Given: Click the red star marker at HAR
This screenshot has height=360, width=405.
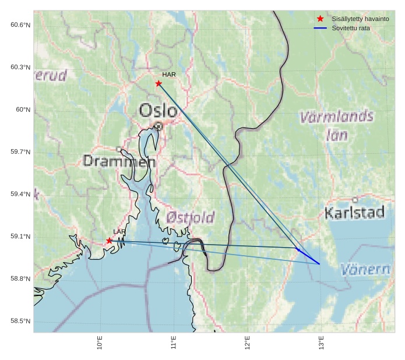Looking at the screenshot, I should [x=159, y=83].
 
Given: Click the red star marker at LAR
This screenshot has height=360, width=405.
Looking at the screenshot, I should [x=110, y=241].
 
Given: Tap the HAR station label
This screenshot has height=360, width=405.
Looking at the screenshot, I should [x=169, y=75].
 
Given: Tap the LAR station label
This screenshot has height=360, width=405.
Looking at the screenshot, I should [x=119, y=232].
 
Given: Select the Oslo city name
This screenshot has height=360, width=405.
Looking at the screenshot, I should [x=158, y=110].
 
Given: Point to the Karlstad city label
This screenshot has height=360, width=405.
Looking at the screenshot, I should [x=354, y=213].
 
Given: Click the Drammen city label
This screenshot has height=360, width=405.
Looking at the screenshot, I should [x=119, y=160].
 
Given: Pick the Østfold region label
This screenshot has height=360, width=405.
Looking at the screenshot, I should [x=190, y=217].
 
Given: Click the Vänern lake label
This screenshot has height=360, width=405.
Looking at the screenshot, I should [x=365, y=270].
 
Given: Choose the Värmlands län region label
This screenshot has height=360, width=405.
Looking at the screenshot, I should [x=337, y=126].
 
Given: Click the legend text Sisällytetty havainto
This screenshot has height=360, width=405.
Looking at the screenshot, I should [x=360, y=19].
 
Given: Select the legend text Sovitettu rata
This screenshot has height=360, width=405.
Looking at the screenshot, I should [x=351, y=28].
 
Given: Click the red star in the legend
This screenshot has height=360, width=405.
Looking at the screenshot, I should [x=320, y=19].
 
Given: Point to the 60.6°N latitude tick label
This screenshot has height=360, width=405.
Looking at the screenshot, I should [x=20, y=24].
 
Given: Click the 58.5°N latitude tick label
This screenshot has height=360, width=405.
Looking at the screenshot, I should [x=20, y=321].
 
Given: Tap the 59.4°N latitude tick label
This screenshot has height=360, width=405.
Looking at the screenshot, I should [x=20, y=194].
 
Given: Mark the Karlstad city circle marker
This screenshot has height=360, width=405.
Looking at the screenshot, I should [x=355, y=200].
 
